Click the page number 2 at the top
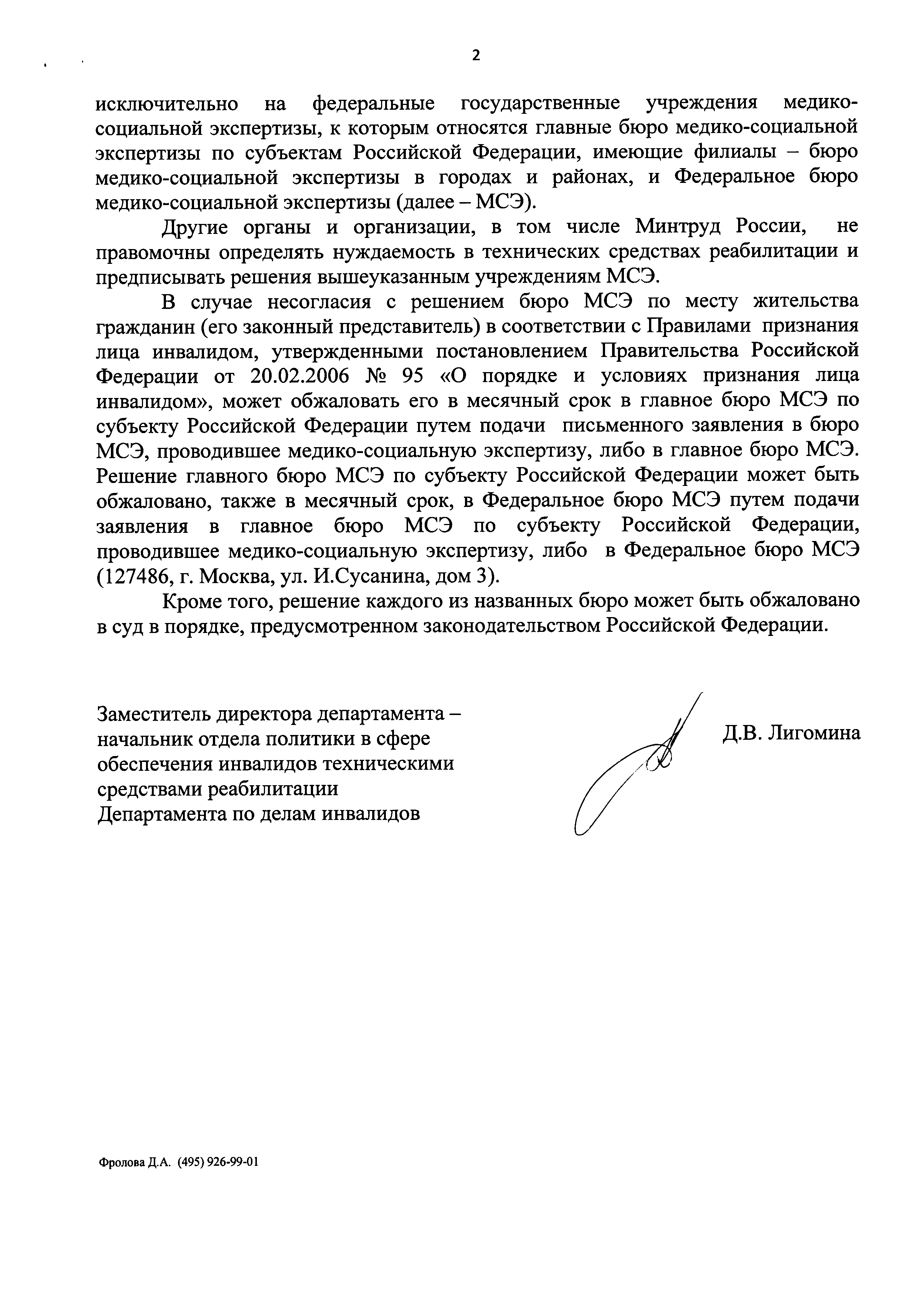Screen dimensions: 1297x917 (476, 55)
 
